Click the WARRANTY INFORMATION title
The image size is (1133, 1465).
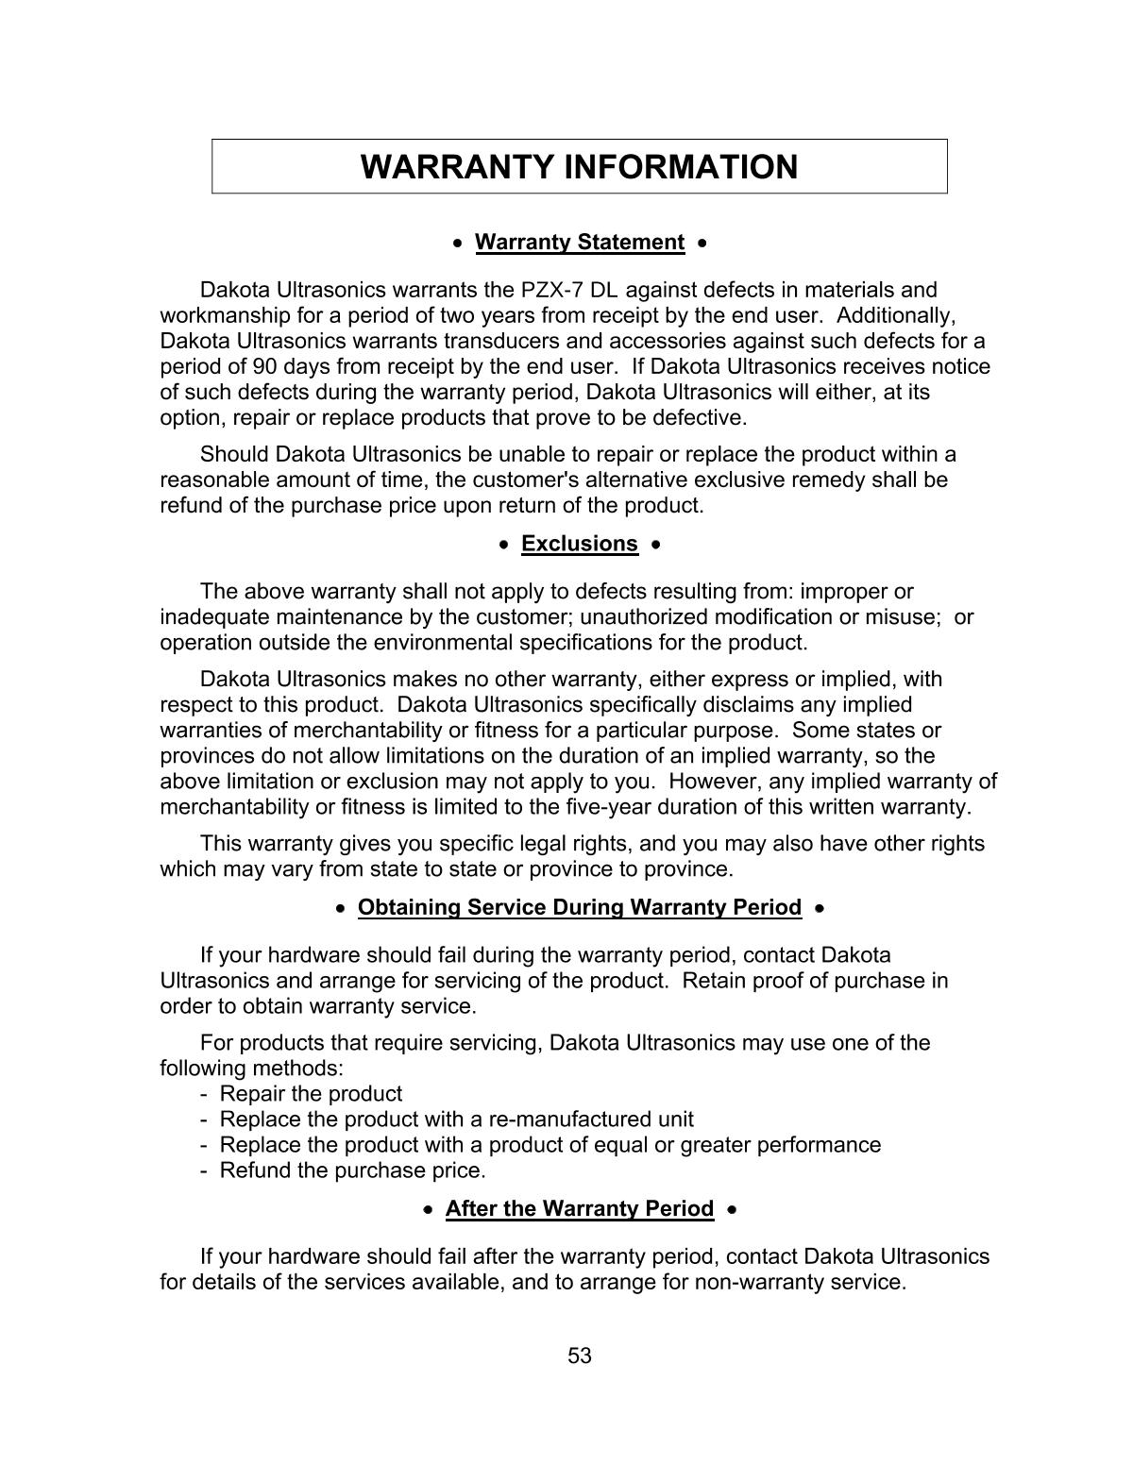[579, 167]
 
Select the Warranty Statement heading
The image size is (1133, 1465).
[579, 243]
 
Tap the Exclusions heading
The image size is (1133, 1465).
[579, 544]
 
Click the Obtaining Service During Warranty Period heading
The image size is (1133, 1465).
[579, 907]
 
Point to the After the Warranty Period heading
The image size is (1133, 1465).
[579, 1209]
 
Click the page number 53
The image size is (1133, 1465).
[579, 1356]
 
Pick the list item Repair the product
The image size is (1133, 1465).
[311, 1094]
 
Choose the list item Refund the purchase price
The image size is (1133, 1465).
[352, 1170]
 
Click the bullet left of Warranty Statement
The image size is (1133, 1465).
[458, 244]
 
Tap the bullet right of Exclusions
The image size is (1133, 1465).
[655, 545]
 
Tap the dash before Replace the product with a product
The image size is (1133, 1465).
[204, 1145]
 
